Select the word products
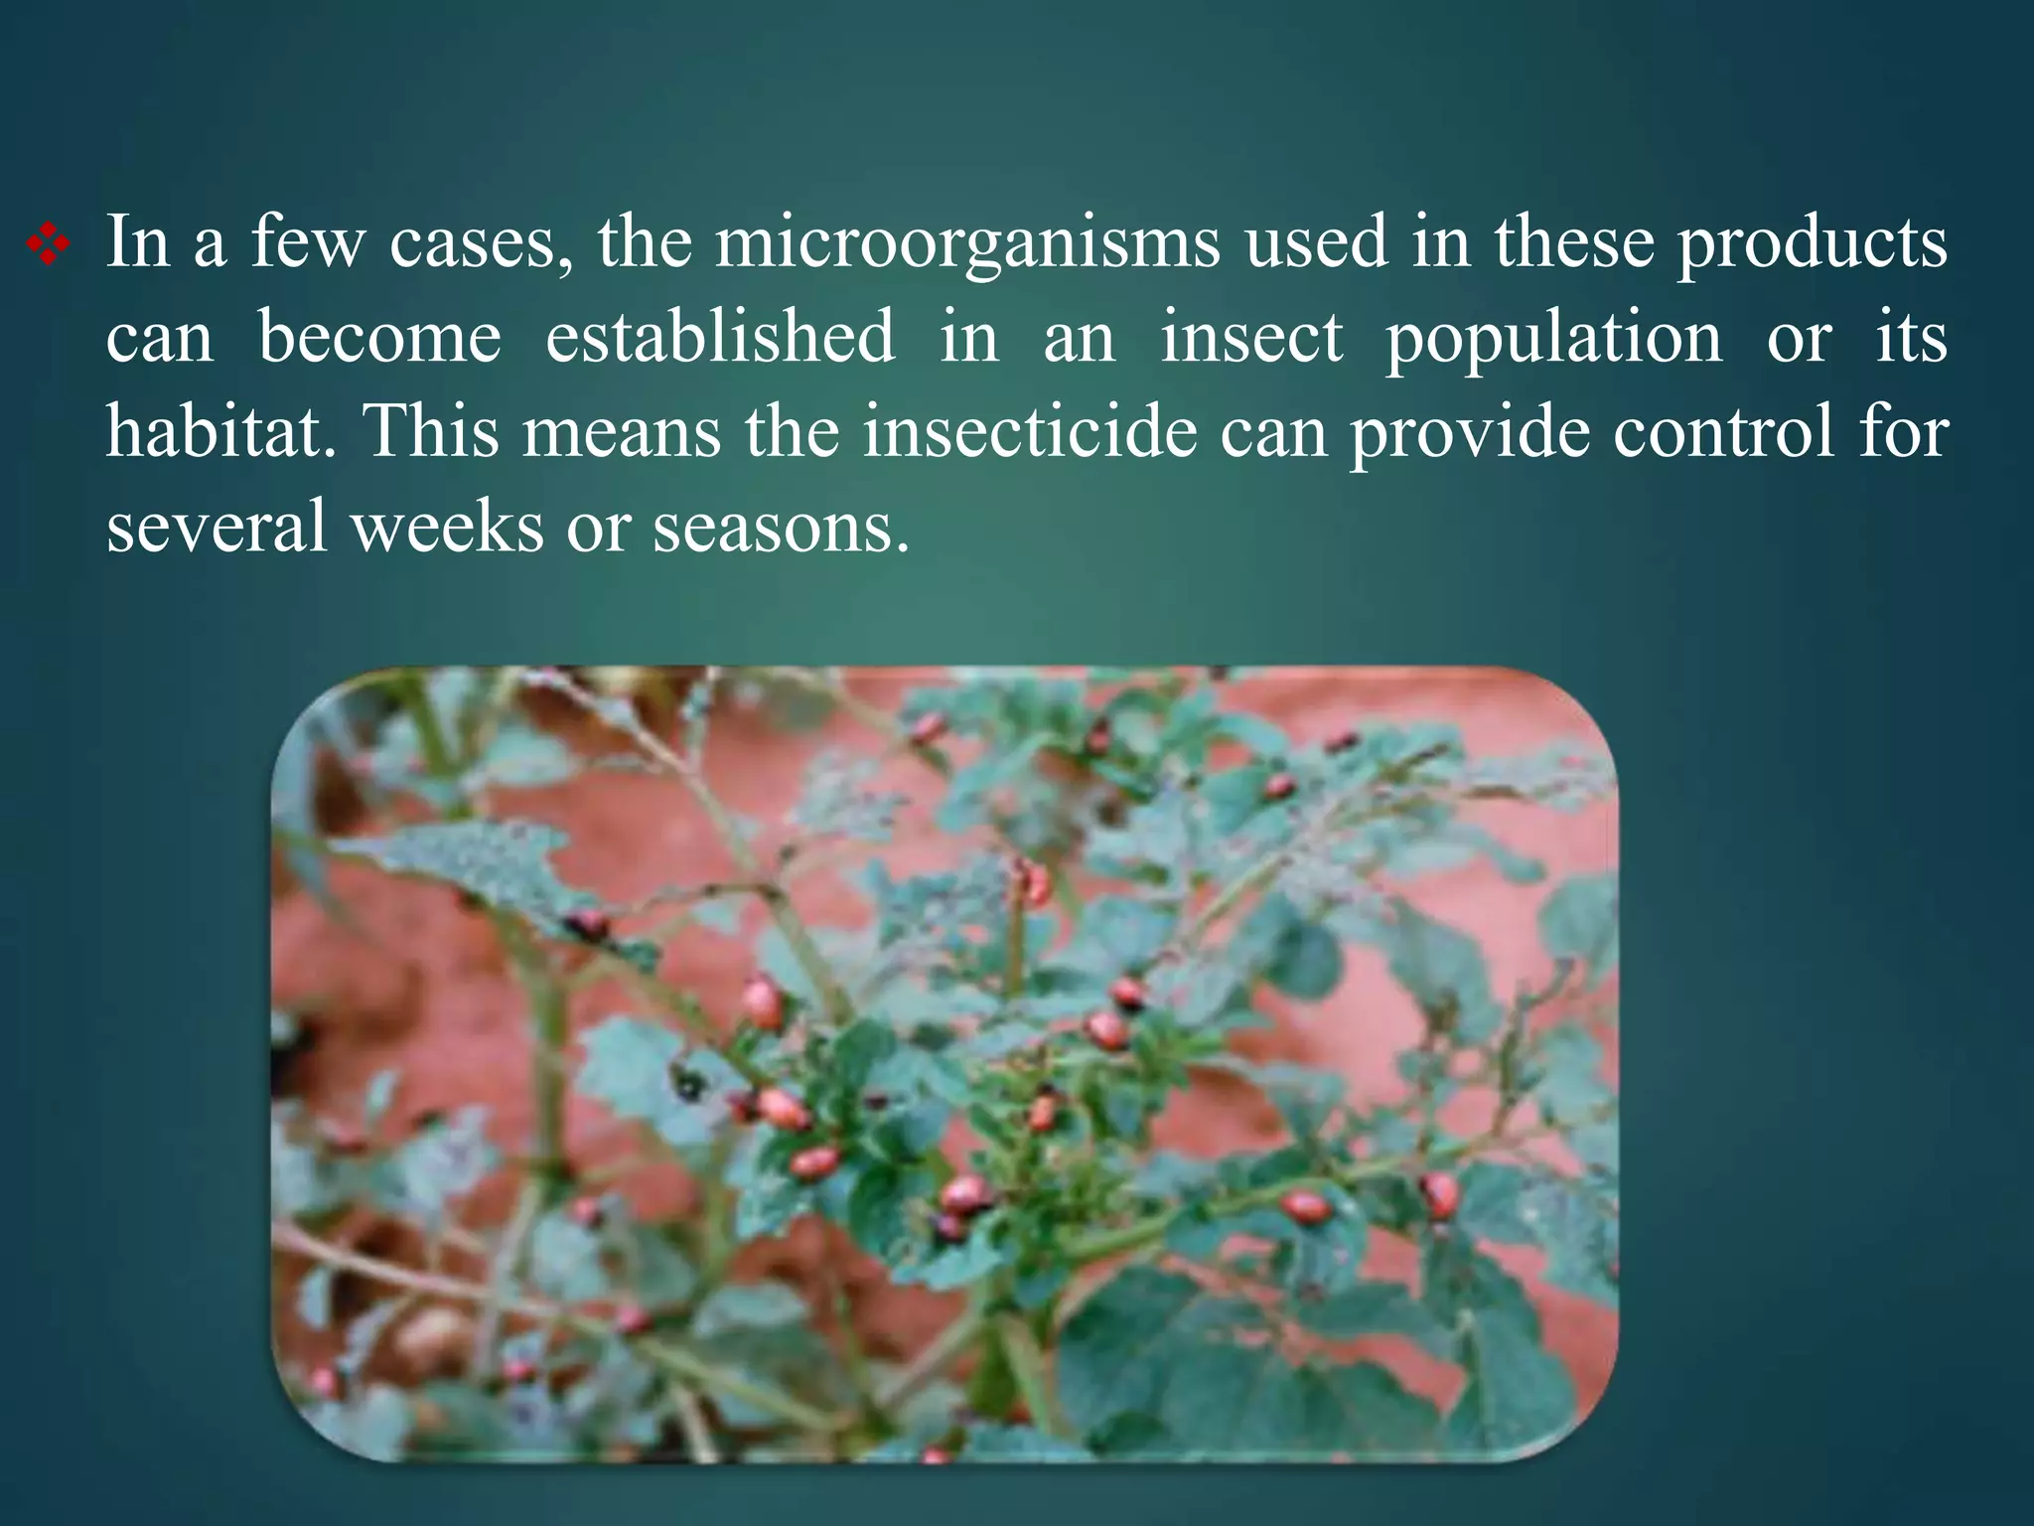click(1813, 242)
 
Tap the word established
click(720, 338)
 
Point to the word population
click(1553, 338)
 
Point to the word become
click(379, 338)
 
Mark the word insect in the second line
click(1251, 338)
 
